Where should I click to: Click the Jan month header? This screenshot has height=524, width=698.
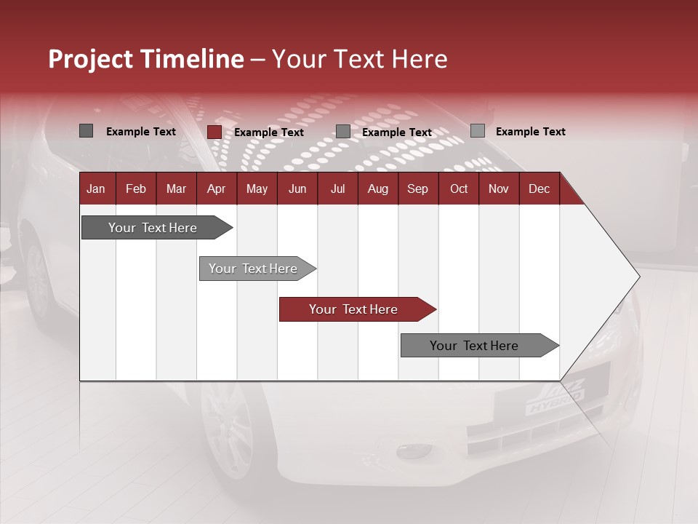96,189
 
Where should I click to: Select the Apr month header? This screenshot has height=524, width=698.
216,189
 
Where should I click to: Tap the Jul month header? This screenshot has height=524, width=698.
337,189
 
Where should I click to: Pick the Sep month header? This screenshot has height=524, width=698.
417,189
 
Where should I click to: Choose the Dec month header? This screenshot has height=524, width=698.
539,189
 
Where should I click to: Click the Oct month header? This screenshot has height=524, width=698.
459,189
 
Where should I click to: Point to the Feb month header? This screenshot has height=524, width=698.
136,189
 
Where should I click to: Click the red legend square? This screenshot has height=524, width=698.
214,132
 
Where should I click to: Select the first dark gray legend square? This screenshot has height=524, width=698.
86,131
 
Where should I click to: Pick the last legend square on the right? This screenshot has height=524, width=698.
477,131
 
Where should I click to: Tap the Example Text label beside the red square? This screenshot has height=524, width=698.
269,132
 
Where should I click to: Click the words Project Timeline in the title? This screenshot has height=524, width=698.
145,59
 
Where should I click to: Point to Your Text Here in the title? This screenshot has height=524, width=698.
360,59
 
